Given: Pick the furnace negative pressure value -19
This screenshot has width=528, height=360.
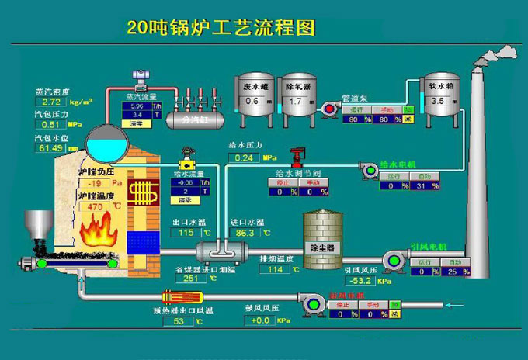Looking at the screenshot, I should [96, 183].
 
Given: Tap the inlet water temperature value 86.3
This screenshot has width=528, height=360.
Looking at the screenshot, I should [245, 233].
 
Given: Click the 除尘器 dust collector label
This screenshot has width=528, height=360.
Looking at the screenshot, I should [321, 247].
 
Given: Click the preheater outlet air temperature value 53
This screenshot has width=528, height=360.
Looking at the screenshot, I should [178, 321].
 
